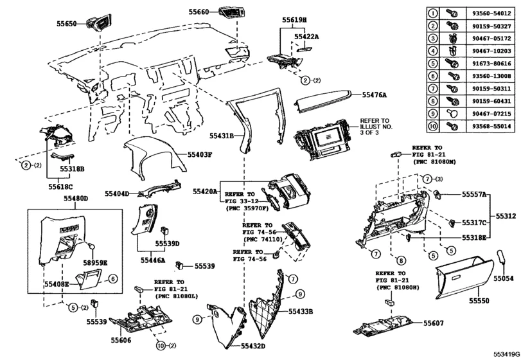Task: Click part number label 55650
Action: pos(66,24)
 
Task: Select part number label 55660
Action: pos(200,12)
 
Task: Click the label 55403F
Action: pos(200,155)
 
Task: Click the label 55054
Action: pos(504,280)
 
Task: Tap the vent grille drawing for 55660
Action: pos(230,11)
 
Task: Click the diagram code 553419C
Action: pos(506,354)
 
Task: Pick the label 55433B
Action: pos(300,311)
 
